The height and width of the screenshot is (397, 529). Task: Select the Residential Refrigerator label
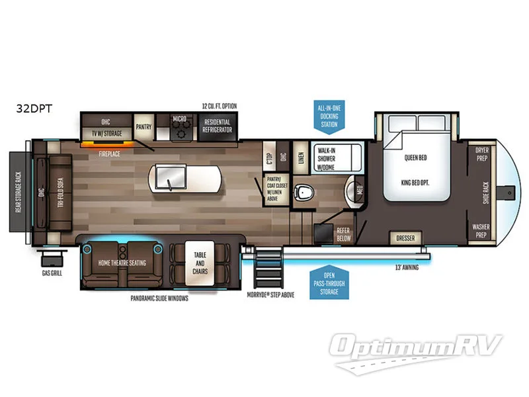pos(217,126)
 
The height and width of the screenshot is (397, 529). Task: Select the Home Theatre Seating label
pos(122,262)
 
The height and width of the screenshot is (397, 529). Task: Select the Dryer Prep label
pos(482,154)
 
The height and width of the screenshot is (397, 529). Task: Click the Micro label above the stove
pos(179,120)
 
